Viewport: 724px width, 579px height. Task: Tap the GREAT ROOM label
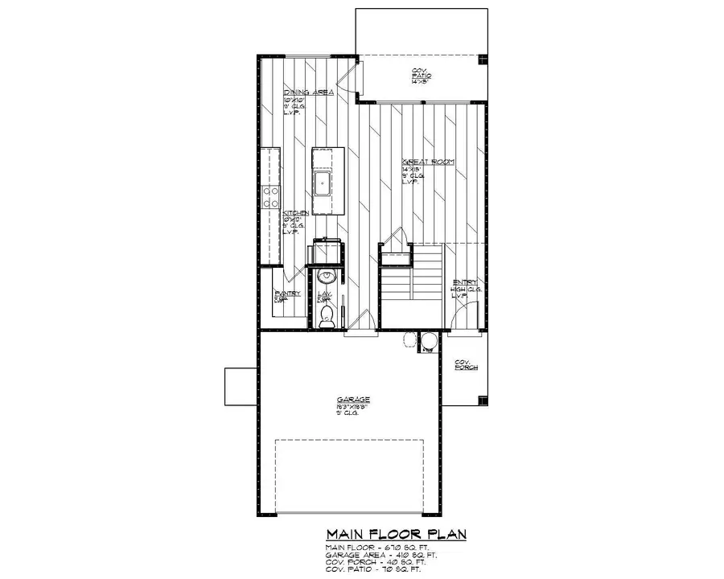pyautogui.click(x=427, y=162)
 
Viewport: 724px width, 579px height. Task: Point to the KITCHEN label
pyautogui.click(x=295, y=212)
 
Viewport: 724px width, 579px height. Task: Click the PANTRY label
pyautogui.click(x=287, y=294)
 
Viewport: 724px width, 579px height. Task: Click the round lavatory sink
pyautogui.click(x=326, y=278)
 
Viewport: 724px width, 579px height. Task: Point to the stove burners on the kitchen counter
pyautogui.click(x=272, y=198)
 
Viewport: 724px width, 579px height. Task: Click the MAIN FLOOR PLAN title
pyautogui.click(x=397, y=534)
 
